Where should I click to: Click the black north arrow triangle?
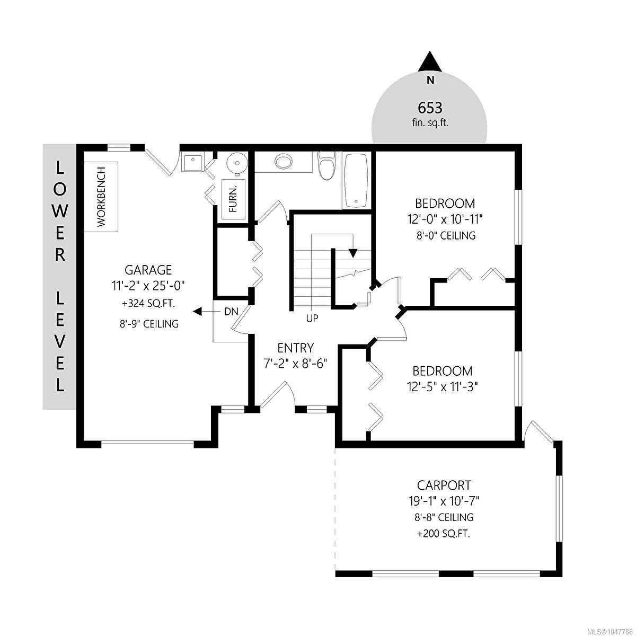coord(430,62)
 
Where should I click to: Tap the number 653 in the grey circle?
coord(430,108)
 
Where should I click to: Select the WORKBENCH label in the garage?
coord(101,197)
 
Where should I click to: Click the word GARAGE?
coord(148,270)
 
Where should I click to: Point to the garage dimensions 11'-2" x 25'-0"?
coord(148,285)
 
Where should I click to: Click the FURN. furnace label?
coord(233,199)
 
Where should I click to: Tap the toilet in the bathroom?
coord(326,166)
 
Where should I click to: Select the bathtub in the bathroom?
coord(356,180)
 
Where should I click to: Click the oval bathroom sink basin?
coord(284,162)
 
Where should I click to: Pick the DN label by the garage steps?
coord(231,311)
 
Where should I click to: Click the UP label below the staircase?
coord(312,319)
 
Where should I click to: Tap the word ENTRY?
coord(296,348)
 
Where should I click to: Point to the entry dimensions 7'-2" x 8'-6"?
coord(295,364)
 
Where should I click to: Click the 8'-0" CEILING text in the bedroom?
coord(446,236)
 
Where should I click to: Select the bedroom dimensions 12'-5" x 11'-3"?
coord(443,386)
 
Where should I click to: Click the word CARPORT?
coord(444,485)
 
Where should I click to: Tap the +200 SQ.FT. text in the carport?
coord(444,534)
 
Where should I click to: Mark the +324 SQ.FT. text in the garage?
coord(148,303)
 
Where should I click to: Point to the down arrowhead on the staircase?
coord(353,253)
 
